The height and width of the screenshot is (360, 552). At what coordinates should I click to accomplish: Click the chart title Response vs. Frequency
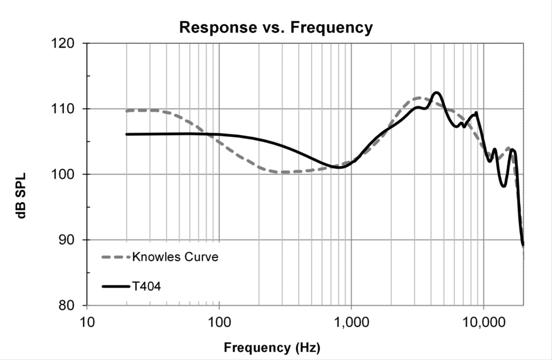(x=275, y=27)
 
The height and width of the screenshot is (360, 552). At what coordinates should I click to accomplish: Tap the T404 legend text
(x=146, y=286)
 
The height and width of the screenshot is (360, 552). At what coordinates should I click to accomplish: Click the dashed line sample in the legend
(x=116, y=257)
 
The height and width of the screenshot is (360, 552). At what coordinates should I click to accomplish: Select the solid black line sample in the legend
(x=116, y=286)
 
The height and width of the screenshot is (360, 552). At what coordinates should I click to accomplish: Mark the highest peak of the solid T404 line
(x=437, y=93)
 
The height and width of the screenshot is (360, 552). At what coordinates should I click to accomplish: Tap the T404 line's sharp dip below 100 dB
(x=503, y=186)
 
